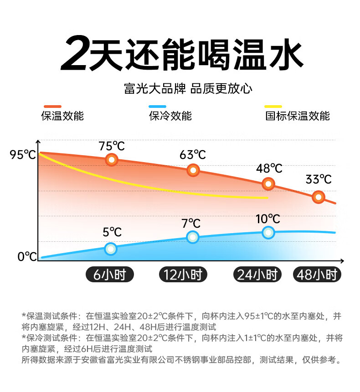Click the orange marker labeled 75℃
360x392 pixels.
pyautogui.click(x=112, y=160)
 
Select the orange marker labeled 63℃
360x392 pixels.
pyautogui.click(x=193, y=170)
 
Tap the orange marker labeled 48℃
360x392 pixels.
pyautogui.click(x=268, y=184)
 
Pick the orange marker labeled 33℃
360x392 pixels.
pyautogui.click(x=319, y=197)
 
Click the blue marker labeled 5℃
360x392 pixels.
pyautogui.click(x=111, y=249)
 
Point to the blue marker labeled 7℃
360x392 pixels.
pyautogui.click(x=193, y=237)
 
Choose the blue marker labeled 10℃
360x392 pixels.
pyautogui.click(x=268, y=232)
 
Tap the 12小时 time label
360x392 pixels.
pyautogui.click(x=183, y=275)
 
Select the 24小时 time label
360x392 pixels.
pyautogui.click(x=257, y=275)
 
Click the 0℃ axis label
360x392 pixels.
pyautogui.click(x=27, y=257)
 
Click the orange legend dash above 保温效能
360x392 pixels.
pyautogui.click(x=51, y=107)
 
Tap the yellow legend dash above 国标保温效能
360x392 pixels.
pyautogui.click(x=273, y=107)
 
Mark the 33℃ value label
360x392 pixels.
pyautogui.click(x=319, y=179)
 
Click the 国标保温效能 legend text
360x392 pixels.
pyautogui.click(x=297, y=116)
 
